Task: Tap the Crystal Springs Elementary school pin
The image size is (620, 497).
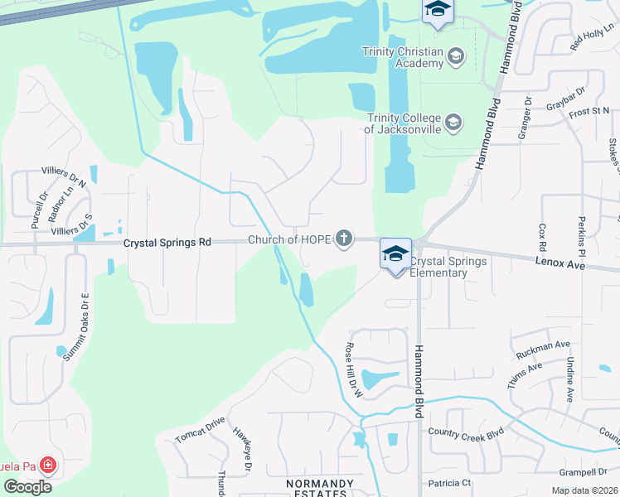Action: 395,253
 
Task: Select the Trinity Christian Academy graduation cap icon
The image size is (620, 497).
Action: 454,56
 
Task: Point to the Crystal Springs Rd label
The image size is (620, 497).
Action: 167,243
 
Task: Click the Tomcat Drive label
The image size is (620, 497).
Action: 200,428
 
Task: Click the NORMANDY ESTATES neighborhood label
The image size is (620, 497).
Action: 319,488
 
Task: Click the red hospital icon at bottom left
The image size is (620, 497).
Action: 47,466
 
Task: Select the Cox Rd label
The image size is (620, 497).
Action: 543,237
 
